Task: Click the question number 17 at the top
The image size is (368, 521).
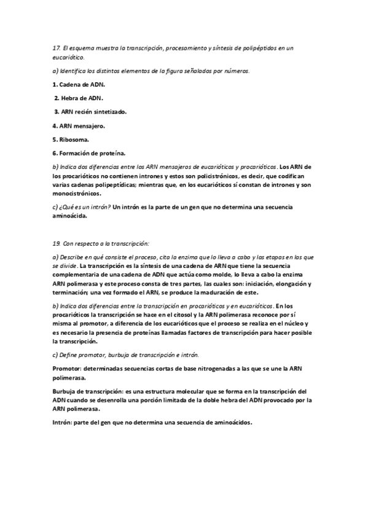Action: (57, 48)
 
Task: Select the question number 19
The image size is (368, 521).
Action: (57, 243)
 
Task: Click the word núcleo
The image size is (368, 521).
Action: (295, 323)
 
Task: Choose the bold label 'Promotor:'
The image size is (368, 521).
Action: (68, 368)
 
